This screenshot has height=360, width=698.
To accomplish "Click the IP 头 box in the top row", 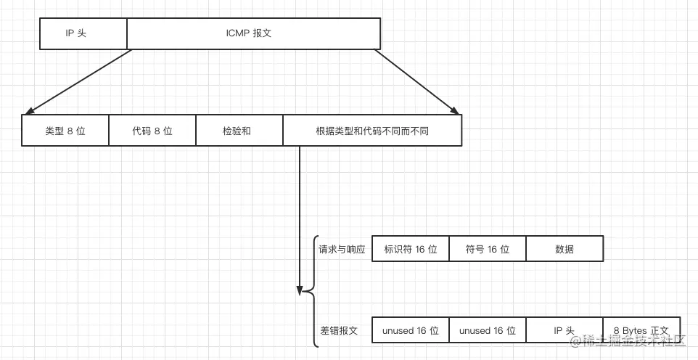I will pos(83,33).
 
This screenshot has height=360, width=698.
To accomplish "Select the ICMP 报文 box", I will pos(253,33).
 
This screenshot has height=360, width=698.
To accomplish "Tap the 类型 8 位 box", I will pos(65,131).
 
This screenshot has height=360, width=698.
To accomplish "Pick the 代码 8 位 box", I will pos(152,131).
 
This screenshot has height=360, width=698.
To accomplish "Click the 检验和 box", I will pos(239,131).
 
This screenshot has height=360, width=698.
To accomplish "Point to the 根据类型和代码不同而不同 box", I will pos(371,131).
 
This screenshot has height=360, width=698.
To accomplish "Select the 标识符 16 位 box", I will pos(410,249).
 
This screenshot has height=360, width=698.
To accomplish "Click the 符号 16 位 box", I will pos(488,249).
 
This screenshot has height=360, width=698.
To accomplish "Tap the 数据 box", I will pos(564,249).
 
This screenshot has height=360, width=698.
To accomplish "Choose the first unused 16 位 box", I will pos(410,330).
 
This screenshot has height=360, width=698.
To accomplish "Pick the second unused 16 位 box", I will pos(488,330).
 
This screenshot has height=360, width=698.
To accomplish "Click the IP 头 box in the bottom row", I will pos(564,330).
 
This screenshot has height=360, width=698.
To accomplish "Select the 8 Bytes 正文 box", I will pos(641,330).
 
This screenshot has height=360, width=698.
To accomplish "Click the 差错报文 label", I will pos(339,330).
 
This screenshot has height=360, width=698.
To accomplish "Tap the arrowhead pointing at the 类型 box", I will pos(28,112).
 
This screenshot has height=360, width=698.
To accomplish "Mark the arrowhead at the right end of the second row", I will pos(455,112).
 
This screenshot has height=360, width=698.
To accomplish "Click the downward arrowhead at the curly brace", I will pos(299,290).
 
